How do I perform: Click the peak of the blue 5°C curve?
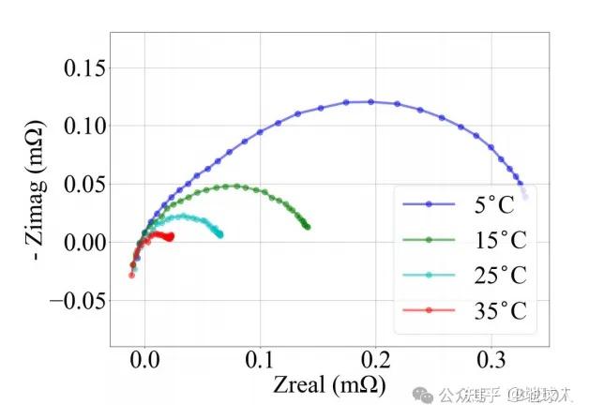click(x=370, y=101)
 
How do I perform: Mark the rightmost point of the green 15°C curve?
click(x=307, y=226)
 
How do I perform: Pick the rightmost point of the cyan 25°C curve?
click(x=220, y=234)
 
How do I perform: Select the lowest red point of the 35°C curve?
click(x=131, y=275)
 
